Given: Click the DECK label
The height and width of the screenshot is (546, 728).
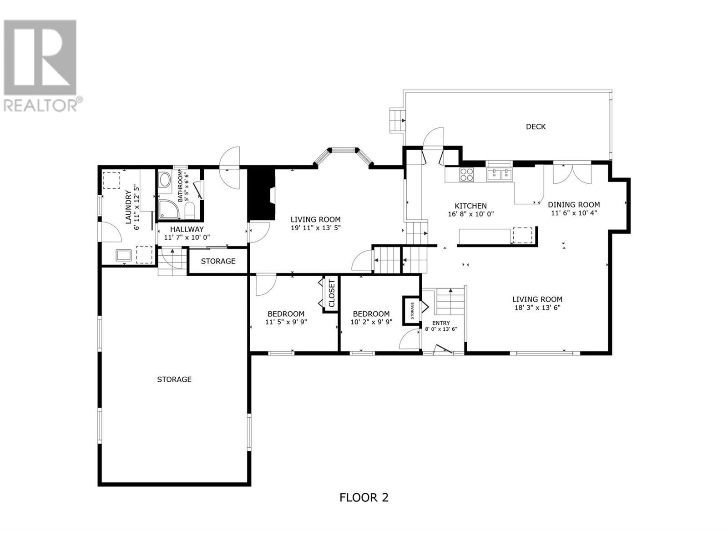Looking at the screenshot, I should pos(536,126).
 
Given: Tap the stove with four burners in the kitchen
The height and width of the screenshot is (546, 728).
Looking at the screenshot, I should pos(467,175).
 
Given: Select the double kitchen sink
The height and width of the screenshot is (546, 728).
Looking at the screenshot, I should pos(499,174).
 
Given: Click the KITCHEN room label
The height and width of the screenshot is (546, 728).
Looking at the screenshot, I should pos(470,206).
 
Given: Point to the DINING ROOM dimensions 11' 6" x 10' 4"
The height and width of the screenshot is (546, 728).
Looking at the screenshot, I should pos(573,213).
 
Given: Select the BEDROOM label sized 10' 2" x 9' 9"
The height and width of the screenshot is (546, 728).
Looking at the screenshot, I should pos(371,314).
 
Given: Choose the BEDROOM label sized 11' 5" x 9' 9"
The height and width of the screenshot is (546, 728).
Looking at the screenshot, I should pos(286,314).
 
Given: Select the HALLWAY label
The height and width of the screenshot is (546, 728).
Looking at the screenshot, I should pos(187,229).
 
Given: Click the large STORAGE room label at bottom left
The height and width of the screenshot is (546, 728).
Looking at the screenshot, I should pos(174,379).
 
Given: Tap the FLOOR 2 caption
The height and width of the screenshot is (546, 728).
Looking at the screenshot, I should pos(364,497).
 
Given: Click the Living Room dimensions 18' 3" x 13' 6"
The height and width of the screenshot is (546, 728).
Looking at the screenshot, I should pos(537,308).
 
